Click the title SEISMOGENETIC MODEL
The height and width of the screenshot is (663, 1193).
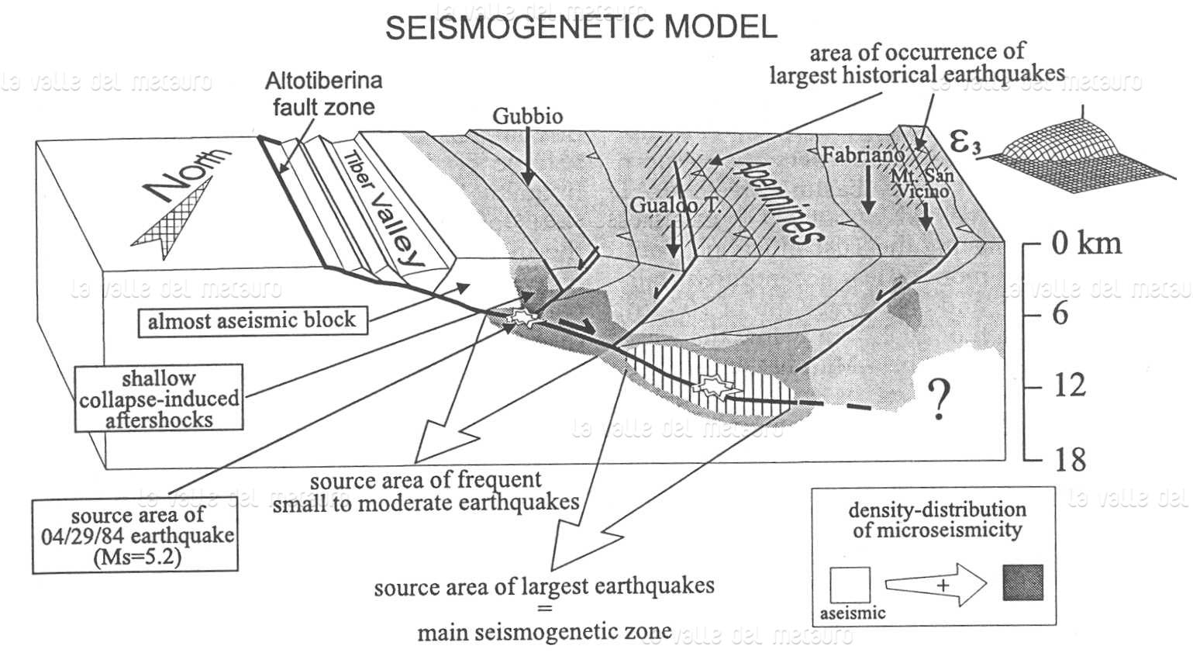tap(581, 27)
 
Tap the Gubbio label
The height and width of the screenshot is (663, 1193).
tap(528, 116)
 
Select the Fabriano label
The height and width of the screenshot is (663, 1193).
tap(862, 154)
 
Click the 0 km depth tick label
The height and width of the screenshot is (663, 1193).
tap(1086, 243)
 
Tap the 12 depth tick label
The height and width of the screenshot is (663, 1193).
tap(1070, 385)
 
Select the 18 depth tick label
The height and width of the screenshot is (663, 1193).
tap(1070, 460)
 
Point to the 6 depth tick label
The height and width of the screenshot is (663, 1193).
tap(1060, 314)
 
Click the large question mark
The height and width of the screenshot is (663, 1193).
tap(940, 401)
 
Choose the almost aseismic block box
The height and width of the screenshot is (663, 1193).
tap(252, 320)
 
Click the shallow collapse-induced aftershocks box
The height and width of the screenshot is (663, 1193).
tap(159, 399)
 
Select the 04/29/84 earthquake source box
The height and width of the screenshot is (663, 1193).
tap(135, 536)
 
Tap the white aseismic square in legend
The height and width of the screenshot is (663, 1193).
tap(850, 585)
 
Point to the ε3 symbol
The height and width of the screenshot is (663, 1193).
tap(965, 142)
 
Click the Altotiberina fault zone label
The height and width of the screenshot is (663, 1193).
tap(323, 93)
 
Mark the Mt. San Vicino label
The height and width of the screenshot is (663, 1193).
tap(922, 182)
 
